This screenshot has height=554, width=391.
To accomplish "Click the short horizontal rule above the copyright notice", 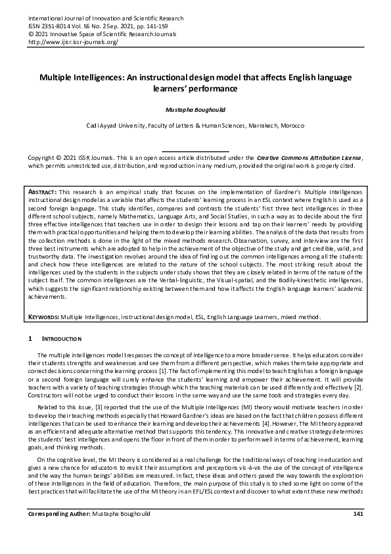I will pos(195,152).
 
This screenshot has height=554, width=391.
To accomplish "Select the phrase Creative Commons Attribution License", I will pos(308,159).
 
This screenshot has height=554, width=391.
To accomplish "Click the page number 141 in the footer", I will pos(358,531).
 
